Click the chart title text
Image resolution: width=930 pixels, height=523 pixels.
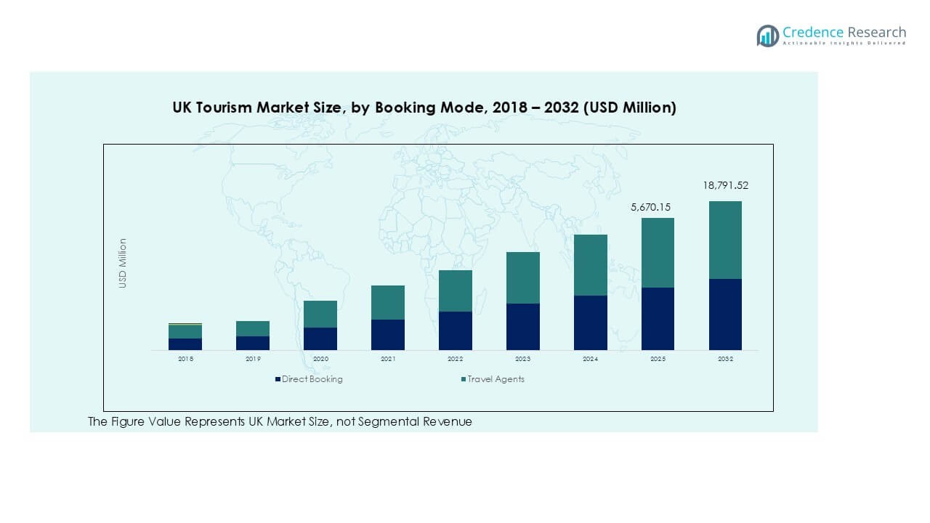424,108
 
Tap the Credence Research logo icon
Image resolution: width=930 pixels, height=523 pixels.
767,36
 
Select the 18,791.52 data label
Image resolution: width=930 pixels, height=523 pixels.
725,185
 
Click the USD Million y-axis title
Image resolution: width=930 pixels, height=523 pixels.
123,263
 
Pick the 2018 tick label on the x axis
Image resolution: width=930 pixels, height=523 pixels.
185,359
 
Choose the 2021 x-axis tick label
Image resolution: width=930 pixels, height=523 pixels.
388,359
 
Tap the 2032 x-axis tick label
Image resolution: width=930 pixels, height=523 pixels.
725,359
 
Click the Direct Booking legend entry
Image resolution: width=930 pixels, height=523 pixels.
309,379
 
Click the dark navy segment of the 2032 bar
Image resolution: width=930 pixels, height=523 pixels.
725,314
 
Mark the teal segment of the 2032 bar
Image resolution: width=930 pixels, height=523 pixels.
725,240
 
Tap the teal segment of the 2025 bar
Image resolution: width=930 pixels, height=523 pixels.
658,253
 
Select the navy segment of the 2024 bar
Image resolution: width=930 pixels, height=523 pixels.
590,323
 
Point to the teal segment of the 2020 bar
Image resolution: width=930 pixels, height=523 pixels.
320,314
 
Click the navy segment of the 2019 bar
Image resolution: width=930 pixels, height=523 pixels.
253,343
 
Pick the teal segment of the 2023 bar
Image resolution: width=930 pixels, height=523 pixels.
523,277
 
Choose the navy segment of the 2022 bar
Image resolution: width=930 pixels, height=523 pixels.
456,331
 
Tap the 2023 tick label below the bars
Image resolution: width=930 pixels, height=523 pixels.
523,359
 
